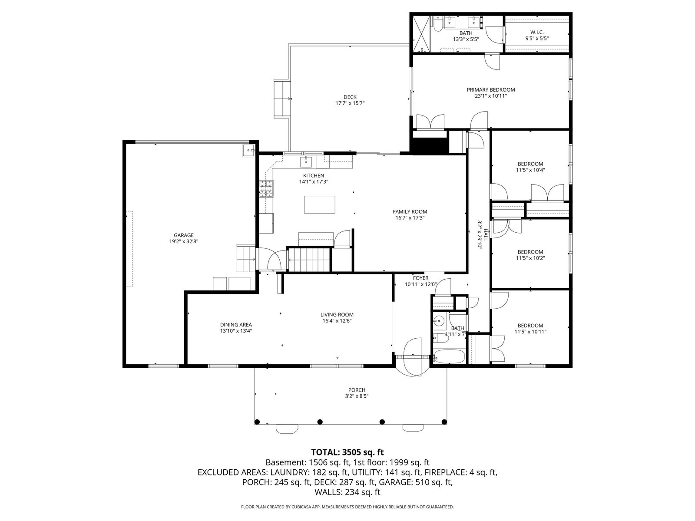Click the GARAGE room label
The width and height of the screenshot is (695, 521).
coord(183,235)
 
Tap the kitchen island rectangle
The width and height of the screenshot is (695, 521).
coord(319,204)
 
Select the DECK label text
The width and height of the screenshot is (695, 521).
coord(350,97)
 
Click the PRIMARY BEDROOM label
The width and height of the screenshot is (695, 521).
coord(490,90)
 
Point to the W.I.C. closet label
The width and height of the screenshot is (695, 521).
coord(537,32)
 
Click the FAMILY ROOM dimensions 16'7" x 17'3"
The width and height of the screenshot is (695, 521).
coord(410,218)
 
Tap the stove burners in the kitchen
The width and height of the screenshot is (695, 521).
coord(266,188)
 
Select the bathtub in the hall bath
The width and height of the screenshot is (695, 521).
coord(449,356)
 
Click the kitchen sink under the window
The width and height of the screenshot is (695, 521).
coord(306,162)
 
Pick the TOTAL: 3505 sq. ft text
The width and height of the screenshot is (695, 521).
coord(347,452)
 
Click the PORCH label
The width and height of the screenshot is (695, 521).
coord(357,390)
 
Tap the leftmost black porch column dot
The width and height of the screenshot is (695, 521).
coord(257,422)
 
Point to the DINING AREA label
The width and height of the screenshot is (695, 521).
coord(236,325)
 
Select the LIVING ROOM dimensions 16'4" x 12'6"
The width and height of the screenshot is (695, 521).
coord(337,320)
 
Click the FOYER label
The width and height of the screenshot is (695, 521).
coord(420,278)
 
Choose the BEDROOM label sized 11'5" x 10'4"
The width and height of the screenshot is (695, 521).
coord(530,164)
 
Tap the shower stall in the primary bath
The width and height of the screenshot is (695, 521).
coord(421,34)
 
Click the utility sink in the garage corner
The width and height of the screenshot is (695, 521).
coord(248,151)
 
